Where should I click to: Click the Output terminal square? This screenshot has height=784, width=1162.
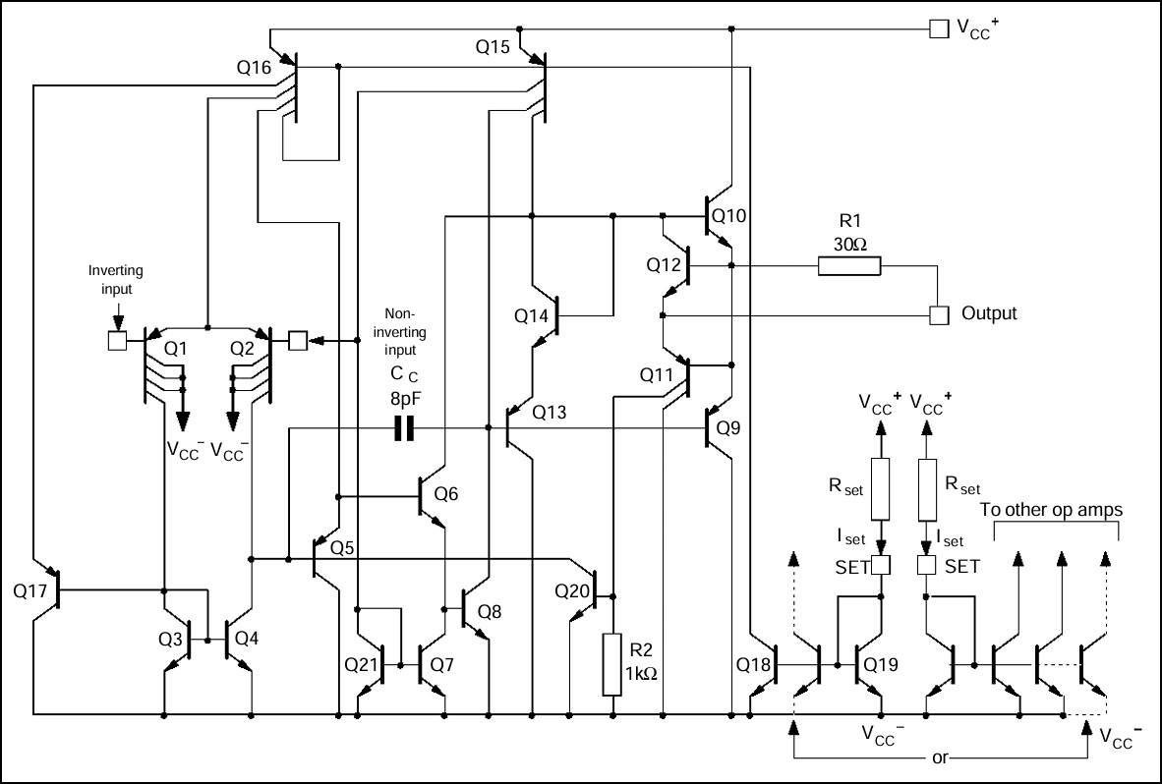coord(939,315)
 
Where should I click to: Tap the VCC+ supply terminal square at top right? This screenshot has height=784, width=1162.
coord(939,28)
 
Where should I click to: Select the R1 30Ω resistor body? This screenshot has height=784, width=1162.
coord(849,266)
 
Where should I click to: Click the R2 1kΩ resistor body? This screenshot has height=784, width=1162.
coord(612,664)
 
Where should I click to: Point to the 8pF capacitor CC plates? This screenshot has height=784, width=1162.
coord(404,428)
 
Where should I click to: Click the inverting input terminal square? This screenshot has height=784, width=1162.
coord(117,341)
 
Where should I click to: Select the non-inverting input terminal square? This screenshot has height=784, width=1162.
coord(297,341)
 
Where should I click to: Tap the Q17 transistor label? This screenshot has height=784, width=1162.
coord(29,590)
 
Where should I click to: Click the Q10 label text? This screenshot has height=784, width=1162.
coord(729,216)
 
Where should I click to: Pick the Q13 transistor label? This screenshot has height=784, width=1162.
coord(550,413)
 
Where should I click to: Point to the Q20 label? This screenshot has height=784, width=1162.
coord(572,590)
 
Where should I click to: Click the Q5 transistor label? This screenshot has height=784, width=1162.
coord(342,548)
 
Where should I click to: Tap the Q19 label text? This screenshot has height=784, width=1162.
coord(881,665)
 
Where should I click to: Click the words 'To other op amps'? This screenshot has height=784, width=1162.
coord(1051,509)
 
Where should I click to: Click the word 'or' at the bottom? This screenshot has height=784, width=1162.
coord(940,758)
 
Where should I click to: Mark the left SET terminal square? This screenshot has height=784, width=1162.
coord(881,566)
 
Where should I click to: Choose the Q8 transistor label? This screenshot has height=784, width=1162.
coord(490,611)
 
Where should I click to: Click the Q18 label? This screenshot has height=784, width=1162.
coord(754,665)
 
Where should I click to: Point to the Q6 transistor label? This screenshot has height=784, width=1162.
coord(446,494)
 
